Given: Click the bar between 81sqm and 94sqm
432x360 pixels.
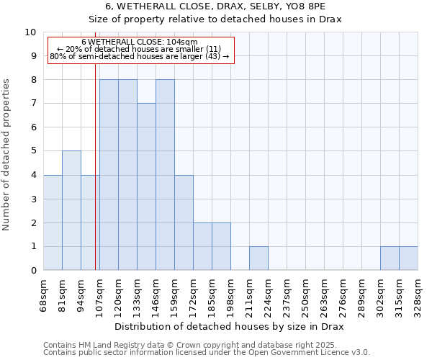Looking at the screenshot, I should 71,210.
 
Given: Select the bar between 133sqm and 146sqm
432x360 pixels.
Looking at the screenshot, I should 146,186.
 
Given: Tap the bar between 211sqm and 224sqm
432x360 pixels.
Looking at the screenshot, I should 258,258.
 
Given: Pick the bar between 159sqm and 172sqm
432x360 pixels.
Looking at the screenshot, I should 184,222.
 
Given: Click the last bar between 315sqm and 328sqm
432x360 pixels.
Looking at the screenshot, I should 408,258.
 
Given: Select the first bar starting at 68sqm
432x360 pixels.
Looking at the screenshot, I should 53,222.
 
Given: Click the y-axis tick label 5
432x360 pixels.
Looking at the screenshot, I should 33,151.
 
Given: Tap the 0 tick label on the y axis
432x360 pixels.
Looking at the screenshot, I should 33,270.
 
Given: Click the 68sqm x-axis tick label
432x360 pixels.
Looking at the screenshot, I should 43,293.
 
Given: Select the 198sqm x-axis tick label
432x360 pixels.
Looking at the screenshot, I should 230,293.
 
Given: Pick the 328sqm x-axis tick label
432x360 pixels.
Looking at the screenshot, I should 418,293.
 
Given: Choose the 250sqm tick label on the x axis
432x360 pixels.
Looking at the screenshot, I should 305,293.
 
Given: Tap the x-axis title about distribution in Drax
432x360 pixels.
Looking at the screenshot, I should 230,326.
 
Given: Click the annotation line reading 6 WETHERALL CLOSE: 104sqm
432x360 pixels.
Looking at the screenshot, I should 139,42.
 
